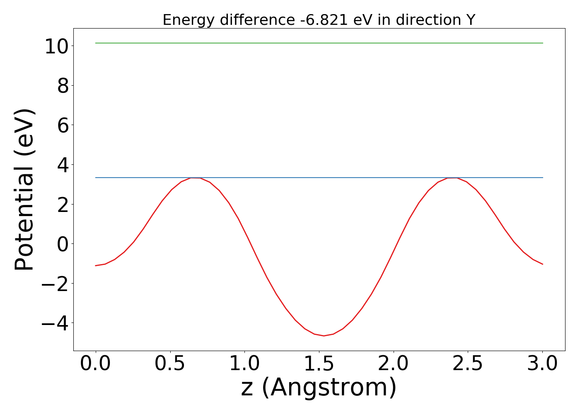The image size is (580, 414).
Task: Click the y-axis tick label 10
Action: click(x=56, y=46)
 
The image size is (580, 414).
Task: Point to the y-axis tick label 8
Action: click(x=63, y=86)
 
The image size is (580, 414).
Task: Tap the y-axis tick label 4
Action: click(x=63, y=165)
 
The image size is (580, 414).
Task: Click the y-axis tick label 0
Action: click(x=63, y=244)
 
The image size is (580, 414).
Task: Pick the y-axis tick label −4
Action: click(x=55, y=323)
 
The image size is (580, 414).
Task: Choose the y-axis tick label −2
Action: click(x=55, y=284)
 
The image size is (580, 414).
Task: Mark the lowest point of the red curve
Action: click(x=324, y=336)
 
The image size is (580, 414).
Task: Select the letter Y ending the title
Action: click(x=470, y=20)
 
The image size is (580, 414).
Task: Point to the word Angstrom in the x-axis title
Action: click(x=329, y=388)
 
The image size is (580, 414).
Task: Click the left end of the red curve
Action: click(x=96, y=266)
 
